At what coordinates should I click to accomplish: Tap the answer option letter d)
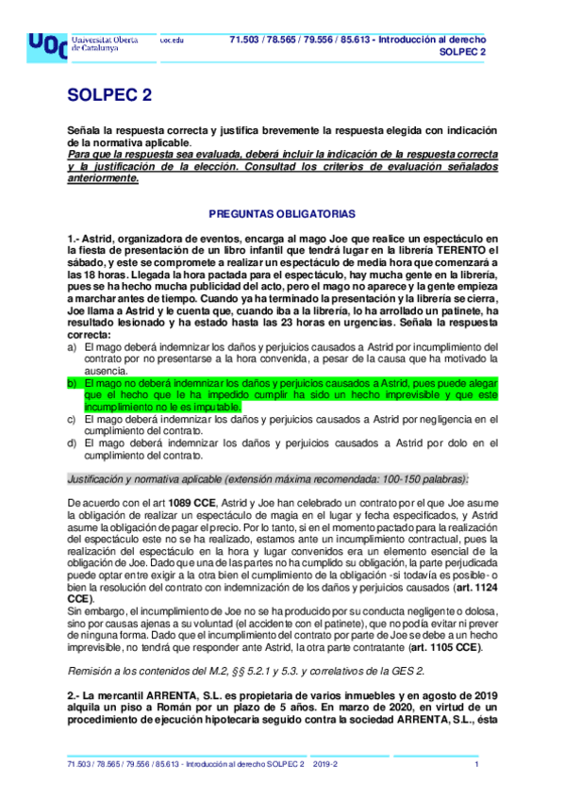point(72,443)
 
